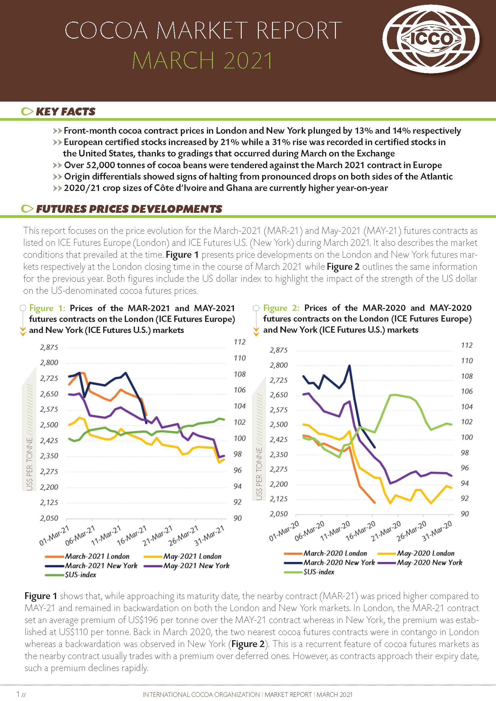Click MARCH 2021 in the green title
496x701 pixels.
point(202,61)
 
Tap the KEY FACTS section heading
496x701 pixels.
point(65,111)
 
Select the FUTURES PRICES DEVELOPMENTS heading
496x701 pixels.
point(129,209)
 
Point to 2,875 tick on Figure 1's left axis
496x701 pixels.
point(49,347)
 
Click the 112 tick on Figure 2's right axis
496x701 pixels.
point(467,345)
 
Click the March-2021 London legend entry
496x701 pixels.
point(97,556)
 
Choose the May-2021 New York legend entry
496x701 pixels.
point(196,566)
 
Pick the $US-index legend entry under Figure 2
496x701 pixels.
point(318,572)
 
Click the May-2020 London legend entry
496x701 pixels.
point(426,553)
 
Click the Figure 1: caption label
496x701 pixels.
point(47,308)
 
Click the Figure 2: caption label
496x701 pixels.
point(281,308)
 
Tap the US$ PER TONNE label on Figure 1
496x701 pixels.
point(29,464)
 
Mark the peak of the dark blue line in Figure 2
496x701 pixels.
point(349,365)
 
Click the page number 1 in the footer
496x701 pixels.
point(18,694)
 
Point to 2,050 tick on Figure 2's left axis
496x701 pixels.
point(278,514)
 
